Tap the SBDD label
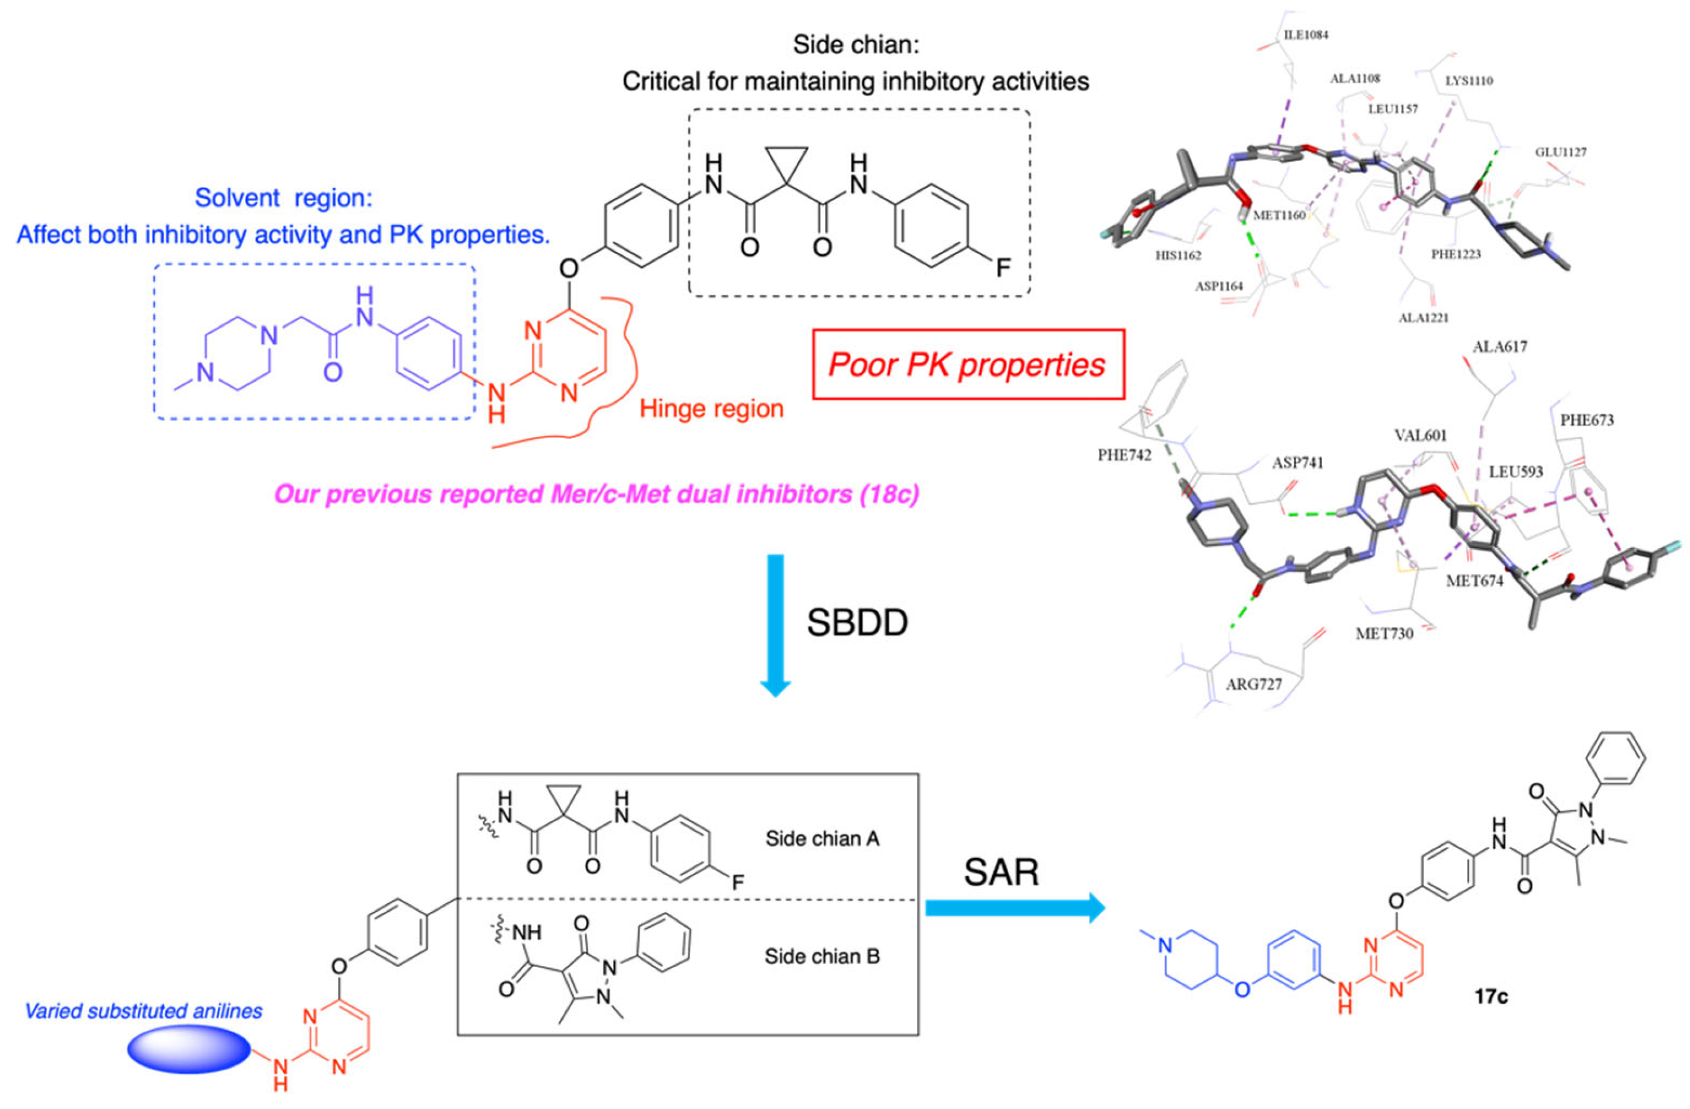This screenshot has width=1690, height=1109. click(x=857, y=623)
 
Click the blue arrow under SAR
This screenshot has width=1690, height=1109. click(x=1015, y=908)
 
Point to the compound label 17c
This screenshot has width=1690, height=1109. click(x=1490, y=996)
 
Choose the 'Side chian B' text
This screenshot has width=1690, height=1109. click(x=822, y=956)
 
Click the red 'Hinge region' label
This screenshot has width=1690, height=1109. click(x=711, y=408)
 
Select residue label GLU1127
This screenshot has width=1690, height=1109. click(x=1560, y=152)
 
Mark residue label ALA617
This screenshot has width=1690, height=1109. click(x=1500, y=347)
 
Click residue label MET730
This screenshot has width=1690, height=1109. click(x=1384, y=634)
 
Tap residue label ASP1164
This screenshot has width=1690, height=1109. click(x=1218, y=286)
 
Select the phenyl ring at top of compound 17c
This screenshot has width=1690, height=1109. click(x=1615, y=758)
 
